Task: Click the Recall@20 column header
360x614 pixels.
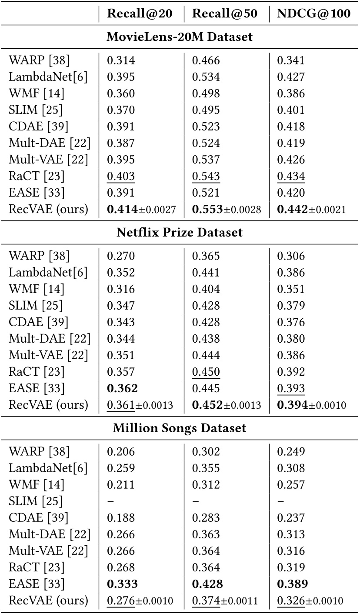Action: coord(140,14)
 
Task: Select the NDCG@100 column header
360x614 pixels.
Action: coord(313,14)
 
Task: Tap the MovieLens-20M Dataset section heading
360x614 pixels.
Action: coord(180,37)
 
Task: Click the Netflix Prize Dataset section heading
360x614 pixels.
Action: coord(180,232)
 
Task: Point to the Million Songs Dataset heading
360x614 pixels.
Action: coord(180,428)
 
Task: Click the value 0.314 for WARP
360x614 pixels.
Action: coord(121,60)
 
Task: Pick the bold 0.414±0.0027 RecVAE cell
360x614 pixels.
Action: coord(141,209)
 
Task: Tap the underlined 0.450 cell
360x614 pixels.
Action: coord(206,372)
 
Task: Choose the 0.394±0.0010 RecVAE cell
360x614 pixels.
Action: coord(311,405)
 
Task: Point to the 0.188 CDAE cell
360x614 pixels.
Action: coord(121,518)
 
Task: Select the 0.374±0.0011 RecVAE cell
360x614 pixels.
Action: coord(226,601)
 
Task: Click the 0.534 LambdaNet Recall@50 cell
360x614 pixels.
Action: coord(206,77)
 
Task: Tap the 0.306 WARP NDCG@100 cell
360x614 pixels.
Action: coord(291,256)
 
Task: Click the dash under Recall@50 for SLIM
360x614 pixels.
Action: coord(196,501)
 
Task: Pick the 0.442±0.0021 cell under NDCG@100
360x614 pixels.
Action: coord(311,209)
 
